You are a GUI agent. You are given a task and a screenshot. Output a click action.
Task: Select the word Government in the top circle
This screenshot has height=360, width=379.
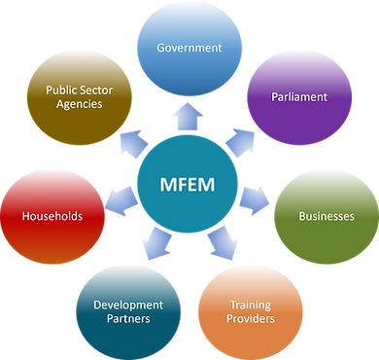pos(190,47)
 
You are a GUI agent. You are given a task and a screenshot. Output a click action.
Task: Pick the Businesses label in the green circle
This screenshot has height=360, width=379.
pos(325,215)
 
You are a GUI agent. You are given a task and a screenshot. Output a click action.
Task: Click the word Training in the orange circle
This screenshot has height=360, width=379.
pos(250,305)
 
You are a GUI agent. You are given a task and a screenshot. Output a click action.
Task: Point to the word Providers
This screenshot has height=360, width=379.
pos(250,319)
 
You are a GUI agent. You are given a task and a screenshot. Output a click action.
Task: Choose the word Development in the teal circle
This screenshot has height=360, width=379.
pos(127,305)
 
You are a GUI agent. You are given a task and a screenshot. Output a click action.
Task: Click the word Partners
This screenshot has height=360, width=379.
pos(127,319)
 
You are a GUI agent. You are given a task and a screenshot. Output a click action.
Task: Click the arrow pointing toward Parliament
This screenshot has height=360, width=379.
pos(239,143)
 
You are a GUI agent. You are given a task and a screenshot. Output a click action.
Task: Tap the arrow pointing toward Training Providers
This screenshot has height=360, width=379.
pos(220,243)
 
